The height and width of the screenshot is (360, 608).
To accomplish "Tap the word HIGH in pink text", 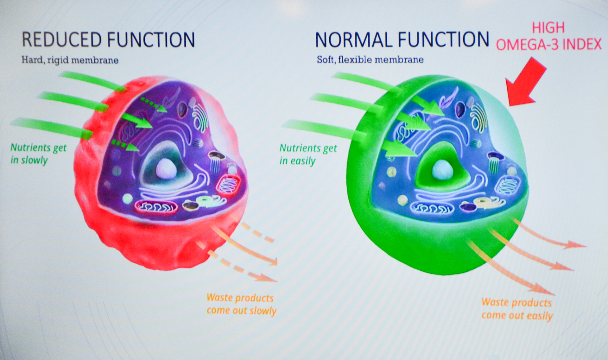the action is [x=548, y=28].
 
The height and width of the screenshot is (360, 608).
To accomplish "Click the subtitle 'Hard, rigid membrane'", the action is [x=70, y=60].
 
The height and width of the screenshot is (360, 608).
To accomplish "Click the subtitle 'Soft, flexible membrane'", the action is [x=370, y=60].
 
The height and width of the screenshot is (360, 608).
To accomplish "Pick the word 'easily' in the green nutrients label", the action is [x=303, y=161].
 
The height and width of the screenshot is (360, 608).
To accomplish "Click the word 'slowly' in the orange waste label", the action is [x=263, y=311].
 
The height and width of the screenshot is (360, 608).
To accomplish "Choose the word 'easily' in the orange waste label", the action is [x=540, y=316].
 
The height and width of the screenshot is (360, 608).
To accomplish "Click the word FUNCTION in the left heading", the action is [x=151, y=40].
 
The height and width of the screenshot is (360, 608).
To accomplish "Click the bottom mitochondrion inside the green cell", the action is [x=432, y=208].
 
